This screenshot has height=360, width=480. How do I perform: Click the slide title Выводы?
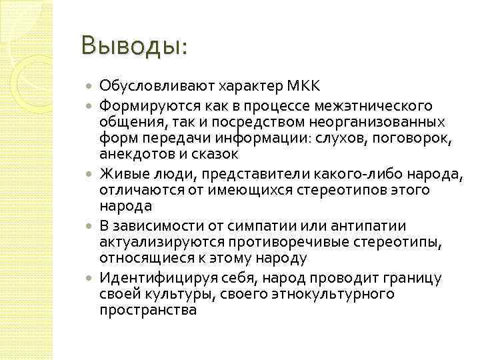point(133,47)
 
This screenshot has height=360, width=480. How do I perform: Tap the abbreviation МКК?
point(303,87)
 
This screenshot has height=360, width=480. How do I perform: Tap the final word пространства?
point(148,310)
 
